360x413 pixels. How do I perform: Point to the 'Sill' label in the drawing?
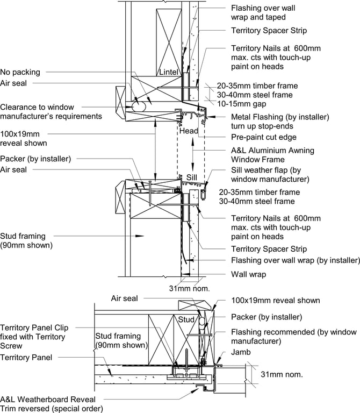click(x=192, y=177)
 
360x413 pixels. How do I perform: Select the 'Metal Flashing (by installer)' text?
click(x=279, y=117)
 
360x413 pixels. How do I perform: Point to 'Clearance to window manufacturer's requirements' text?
click(x=51, y=111)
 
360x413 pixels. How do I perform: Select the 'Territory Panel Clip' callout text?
click(x=42, y=327)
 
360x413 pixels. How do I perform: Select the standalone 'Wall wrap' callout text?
click(x=248, y=274)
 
